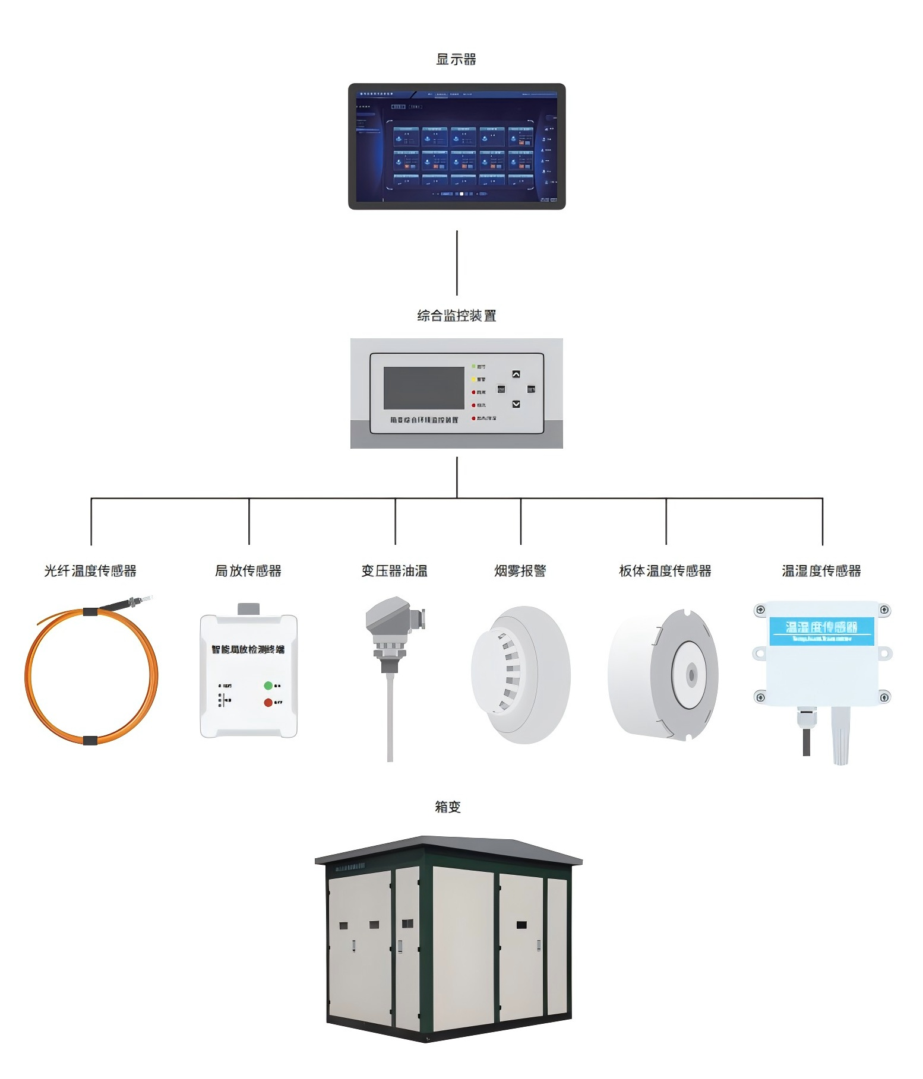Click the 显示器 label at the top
click(x=456, y=59)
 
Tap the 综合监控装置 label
click(x=456, y=316)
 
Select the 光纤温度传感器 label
click(x=90, y=571)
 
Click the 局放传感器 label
click(x=248, y=571)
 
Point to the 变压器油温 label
click(x=394, y=571)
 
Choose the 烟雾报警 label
click(x=520, y=571)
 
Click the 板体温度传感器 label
click(x=665, y=571)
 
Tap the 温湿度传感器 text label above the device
click(x=821, y=571)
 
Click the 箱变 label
click(x=448, y=807)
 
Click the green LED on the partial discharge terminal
click(x=268, y=686)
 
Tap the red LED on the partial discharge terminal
click(x=268, y=703)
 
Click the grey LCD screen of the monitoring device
click(x=423, y=388)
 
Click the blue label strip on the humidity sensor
click(x=821, y=631)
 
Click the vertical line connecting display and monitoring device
click(x=457, y=262)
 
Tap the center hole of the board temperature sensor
click(x=691, y=675)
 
